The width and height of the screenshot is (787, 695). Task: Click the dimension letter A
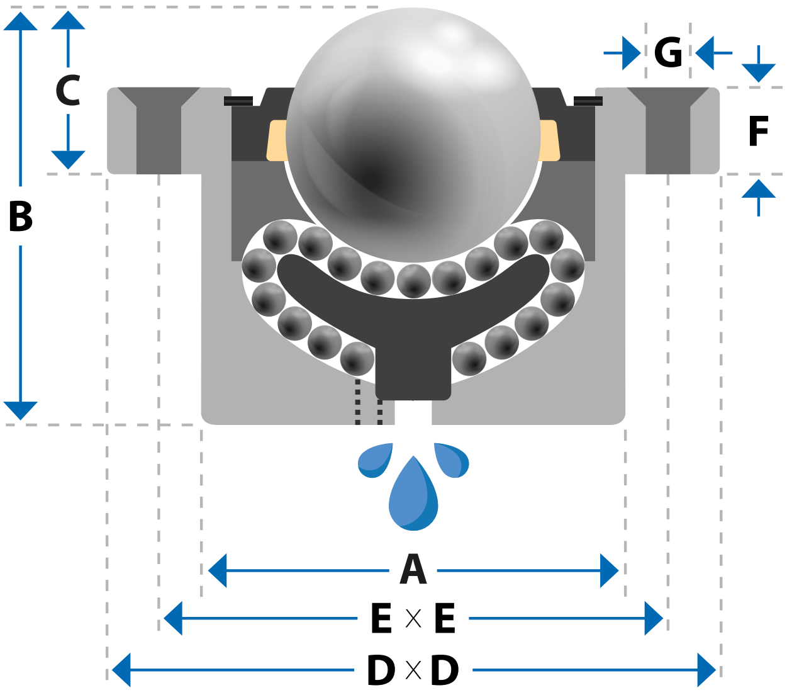[413, 570]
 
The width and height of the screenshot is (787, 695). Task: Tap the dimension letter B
[21, 217]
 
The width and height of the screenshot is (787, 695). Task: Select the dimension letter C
[68, 91]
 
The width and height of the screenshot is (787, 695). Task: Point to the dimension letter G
[668, 52]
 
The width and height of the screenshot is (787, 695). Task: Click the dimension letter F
[758, 131]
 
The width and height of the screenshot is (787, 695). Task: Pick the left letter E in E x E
[381, 618]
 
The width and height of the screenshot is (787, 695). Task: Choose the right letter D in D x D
[445, 670]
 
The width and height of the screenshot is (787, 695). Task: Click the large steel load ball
[413, 135]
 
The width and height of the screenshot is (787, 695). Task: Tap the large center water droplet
[413, 494]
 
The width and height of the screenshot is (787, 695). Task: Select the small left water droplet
[374, 461]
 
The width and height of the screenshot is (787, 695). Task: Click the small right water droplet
[452, 461]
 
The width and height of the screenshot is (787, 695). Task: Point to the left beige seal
[277, 140]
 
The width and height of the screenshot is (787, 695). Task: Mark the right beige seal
[550, 140]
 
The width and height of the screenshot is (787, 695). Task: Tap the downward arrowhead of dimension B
[21, 410]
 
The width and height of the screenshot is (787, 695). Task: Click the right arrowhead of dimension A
[609, 570]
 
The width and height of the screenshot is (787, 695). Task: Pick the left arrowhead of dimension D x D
[121, 670]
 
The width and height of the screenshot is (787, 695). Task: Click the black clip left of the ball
[238, 101]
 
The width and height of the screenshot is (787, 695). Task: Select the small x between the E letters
[413, 618]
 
